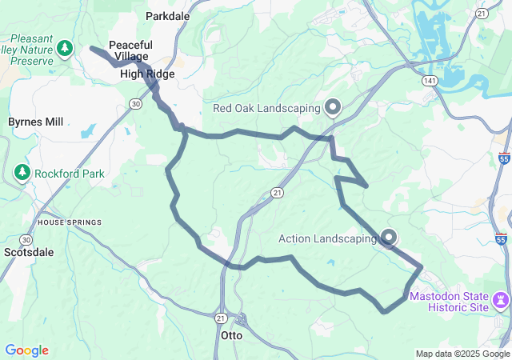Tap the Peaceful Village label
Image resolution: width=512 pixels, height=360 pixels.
pos(129,51)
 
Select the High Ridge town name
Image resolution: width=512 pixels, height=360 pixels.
pos(147,74)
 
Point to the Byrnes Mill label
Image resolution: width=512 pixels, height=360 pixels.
pos(36,122)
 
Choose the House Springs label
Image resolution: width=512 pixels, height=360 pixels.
pos(70,222)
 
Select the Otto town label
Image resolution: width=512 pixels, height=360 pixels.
pos(231,336)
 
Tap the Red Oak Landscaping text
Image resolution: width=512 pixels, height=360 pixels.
pos(266,108)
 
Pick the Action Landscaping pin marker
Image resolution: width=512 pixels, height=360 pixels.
pos(390,238)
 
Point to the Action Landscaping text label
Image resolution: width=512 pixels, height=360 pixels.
pos(326,238)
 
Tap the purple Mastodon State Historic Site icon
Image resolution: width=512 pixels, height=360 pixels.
pos(501,302)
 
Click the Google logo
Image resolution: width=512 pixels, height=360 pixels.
pos(26,350)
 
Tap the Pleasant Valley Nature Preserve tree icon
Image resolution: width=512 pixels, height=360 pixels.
pos(65,50)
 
